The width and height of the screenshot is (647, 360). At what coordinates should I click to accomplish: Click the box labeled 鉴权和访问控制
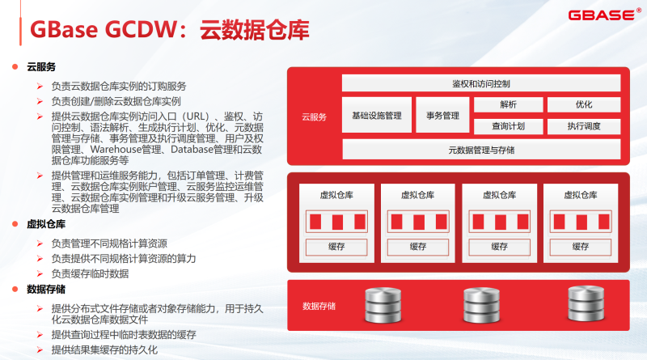[x=481, y=83]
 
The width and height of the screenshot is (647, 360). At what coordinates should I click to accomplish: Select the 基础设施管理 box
[x=377, y=115]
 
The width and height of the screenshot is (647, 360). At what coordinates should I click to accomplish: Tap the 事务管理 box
[x=442, y=115]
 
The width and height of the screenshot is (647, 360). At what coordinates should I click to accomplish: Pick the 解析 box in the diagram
[x=509, y=104]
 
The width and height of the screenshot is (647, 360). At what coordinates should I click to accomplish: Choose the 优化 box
[x=584, y=104]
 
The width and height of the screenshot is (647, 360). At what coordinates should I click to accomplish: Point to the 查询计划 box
[x=509, y=126]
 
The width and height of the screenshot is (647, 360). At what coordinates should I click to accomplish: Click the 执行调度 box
[x=584, y=126]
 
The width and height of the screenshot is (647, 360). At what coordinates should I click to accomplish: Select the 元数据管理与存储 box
[x=481, y=150]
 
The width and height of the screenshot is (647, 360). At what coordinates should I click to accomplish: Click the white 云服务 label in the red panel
[x=314, y=116]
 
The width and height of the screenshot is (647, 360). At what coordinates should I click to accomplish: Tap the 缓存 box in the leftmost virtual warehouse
[x=336, y=247]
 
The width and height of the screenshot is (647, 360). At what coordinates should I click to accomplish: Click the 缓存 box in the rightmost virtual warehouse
[x=581, y=247]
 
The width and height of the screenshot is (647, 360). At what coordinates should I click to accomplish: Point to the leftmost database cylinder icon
[x=383, y=305]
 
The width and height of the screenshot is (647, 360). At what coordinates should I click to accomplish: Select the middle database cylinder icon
[x=481, y=305]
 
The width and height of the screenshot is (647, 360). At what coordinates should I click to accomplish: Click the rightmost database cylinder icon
[x=586, y=304]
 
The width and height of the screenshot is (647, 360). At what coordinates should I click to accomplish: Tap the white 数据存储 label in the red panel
[x=319, y=306]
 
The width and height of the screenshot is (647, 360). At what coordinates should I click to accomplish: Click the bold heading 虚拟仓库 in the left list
[x=46, y=224]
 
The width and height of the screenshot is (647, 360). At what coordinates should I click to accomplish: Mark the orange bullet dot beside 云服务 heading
[x=15, y=66]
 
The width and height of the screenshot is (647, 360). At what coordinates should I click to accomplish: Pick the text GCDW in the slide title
[x=141, y=29]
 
